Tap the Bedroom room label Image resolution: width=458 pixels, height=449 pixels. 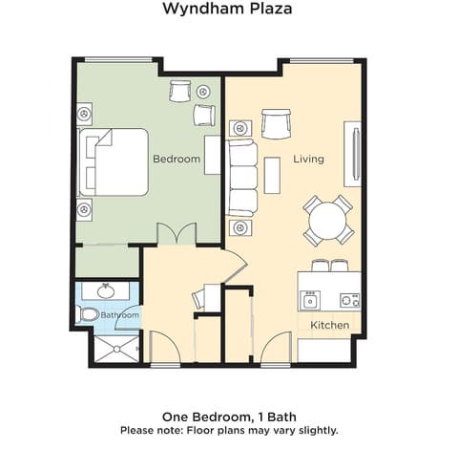177,160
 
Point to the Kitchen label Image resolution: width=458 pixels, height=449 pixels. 329,326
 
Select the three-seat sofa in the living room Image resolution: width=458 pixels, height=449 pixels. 242,178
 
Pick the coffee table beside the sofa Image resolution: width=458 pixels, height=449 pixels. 273,176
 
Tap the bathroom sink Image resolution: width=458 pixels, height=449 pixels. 106,290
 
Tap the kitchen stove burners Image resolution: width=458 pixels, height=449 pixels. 349,299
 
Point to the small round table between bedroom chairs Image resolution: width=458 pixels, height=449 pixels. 204,92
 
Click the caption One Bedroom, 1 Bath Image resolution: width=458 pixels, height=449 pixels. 229,417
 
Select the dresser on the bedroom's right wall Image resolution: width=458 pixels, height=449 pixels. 212,160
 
